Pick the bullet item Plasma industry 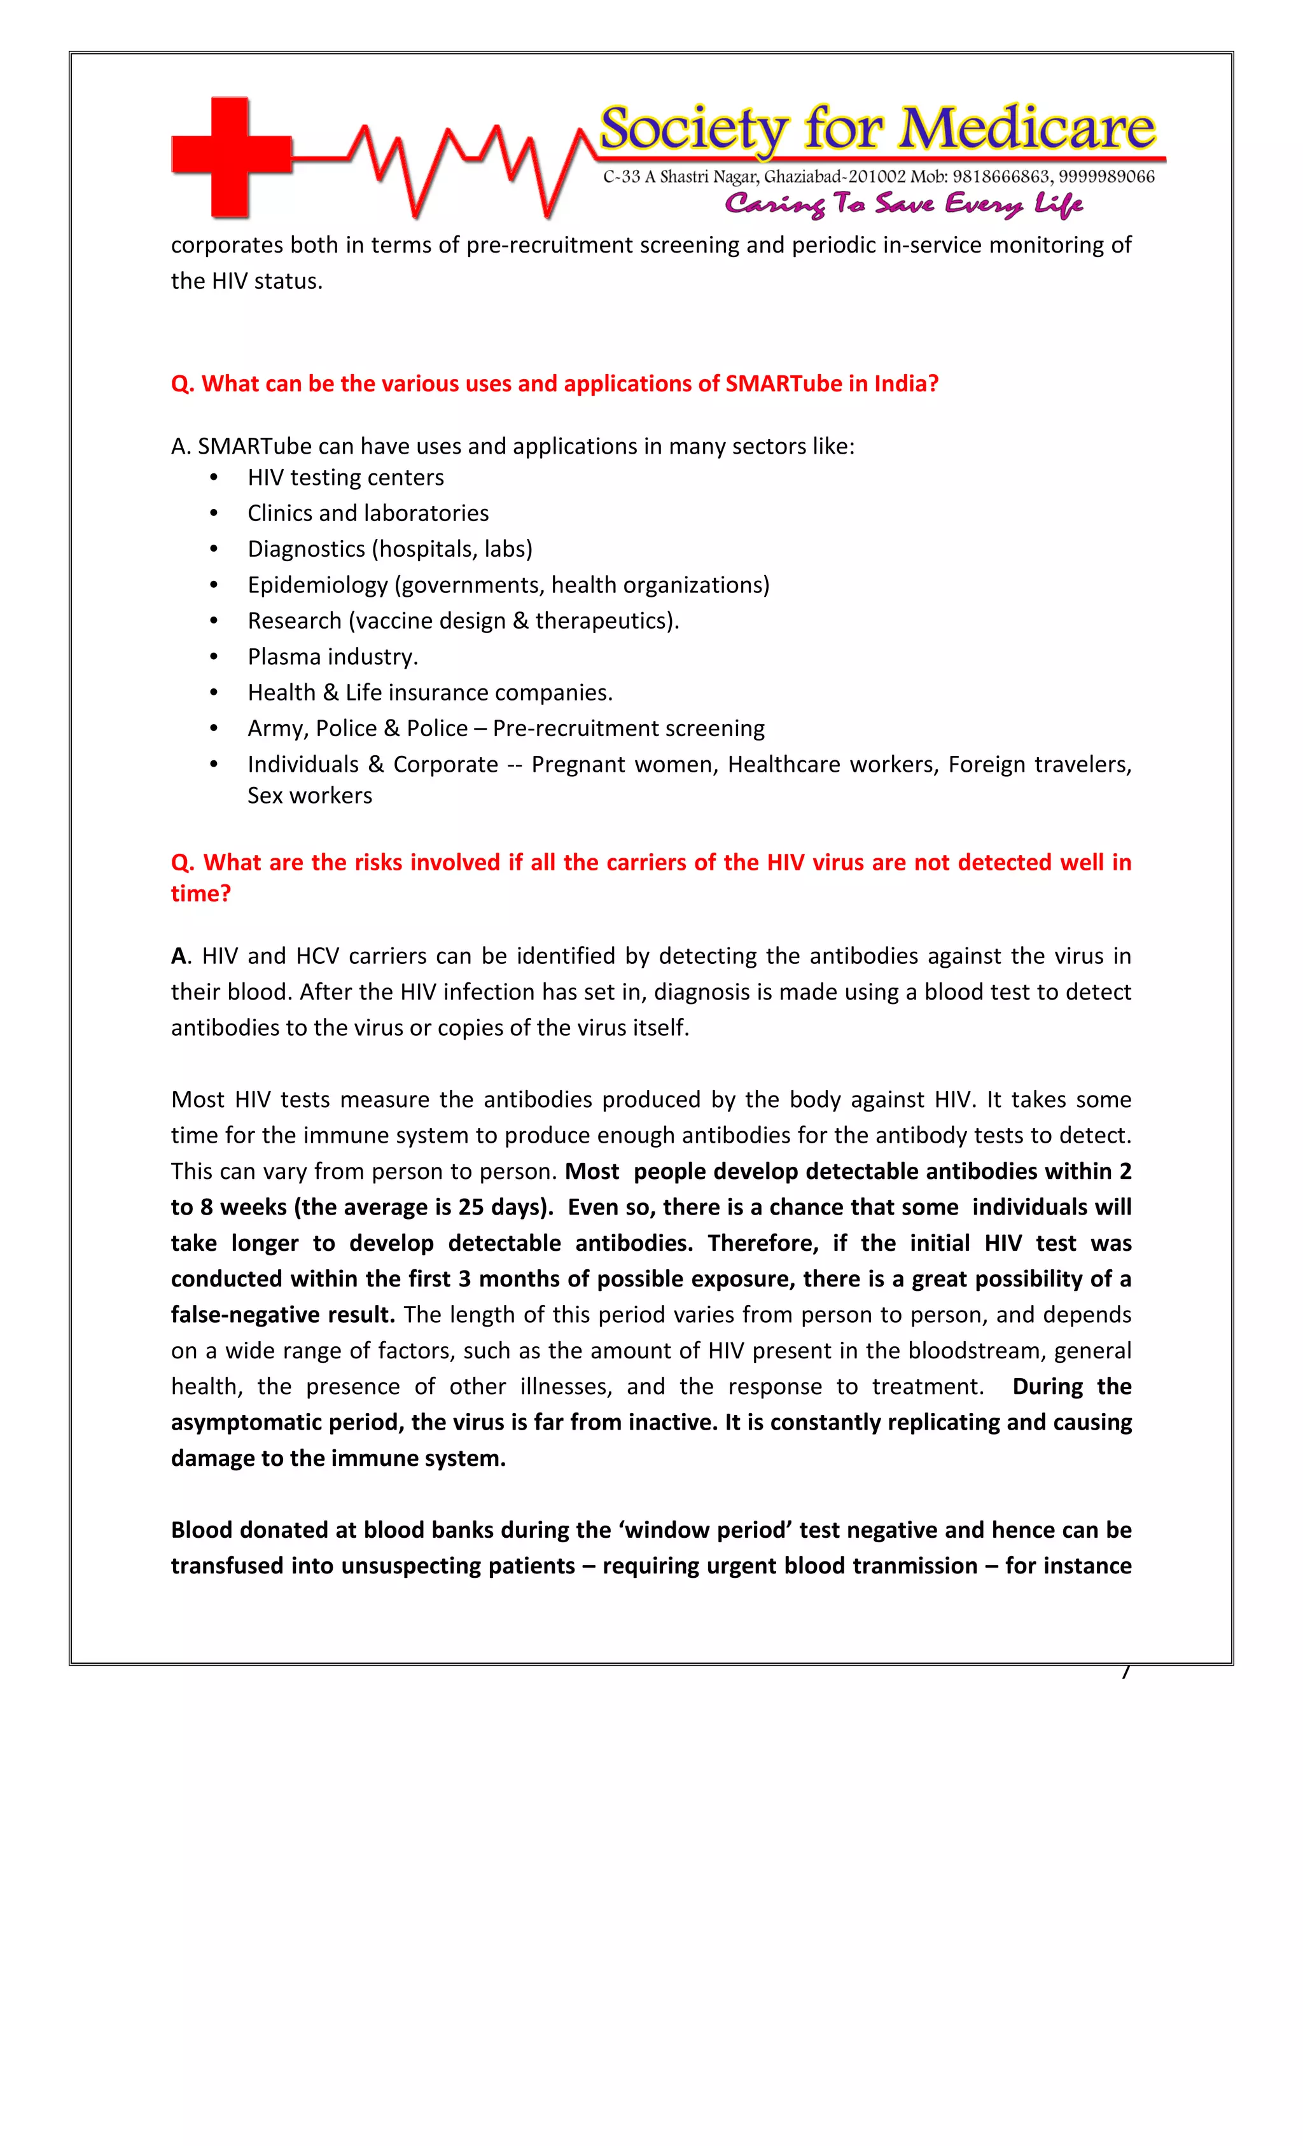[332, 657]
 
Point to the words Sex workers [309, 795]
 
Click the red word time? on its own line [200, 894]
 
